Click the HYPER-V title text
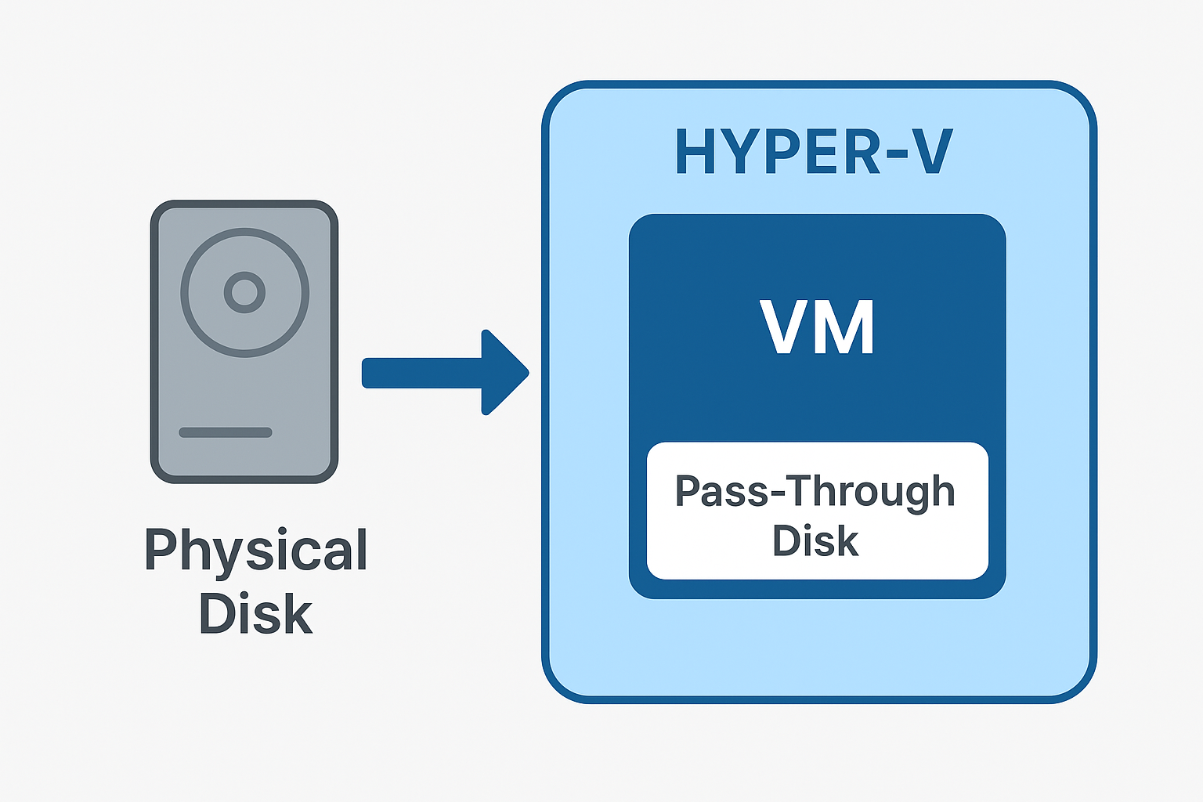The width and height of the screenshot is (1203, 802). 814,151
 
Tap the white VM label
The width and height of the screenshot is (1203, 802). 817,327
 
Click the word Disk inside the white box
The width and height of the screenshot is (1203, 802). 815,540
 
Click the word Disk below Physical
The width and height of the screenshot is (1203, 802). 255,613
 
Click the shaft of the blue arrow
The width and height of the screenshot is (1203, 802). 422,373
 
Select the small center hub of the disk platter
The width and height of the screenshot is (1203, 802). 244,293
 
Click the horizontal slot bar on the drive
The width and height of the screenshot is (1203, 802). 226,432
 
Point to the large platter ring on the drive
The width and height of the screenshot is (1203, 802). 244,229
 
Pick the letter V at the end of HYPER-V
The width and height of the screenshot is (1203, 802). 930,151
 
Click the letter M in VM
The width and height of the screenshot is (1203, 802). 845,327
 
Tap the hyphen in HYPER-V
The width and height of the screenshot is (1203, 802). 894,155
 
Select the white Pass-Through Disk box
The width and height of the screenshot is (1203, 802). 818,511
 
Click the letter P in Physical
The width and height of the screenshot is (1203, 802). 161,548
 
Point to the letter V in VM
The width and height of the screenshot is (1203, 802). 786,327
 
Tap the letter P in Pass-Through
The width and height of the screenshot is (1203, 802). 688,490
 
